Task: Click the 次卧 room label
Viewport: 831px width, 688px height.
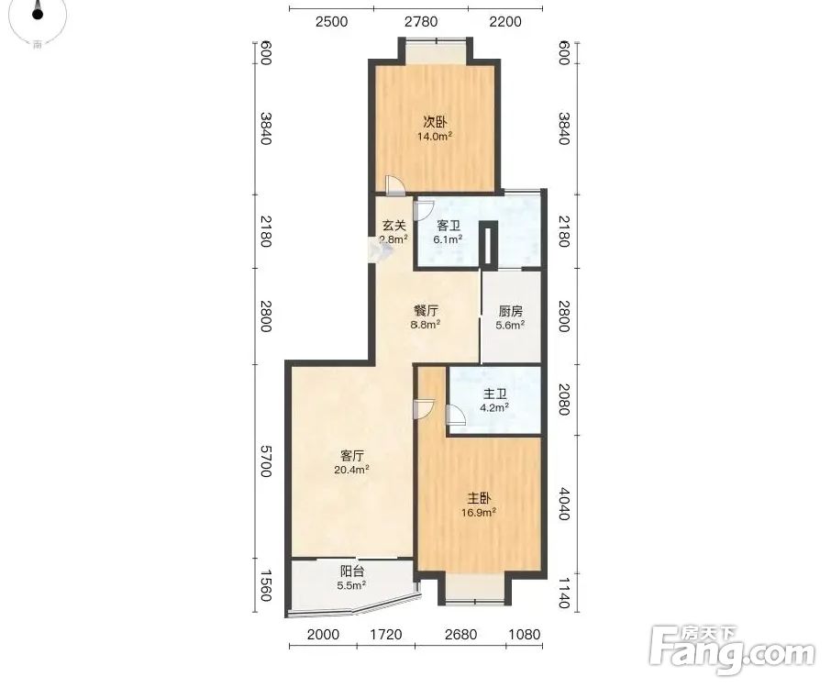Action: pyautogui.click(x=434, y=122)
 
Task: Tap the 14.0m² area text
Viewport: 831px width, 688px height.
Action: pyautogui.click(x=435, y=136)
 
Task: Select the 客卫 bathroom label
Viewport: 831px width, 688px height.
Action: pyautogui.click(x=449, y=226)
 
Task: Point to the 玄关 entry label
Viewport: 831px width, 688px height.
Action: pyautogui.click(x=394, y=226)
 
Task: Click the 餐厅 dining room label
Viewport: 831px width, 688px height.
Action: pyautogui.click(x=426, y=311)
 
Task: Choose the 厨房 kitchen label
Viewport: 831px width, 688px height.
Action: pyautogui.click(x=510, y=311)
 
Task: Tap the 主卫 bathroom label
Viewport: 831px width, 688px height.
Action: pyautogui.click(x=495, y=394)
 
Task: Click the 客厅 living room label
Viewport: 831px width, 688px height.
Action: pyautogui.click(x=352, y=456)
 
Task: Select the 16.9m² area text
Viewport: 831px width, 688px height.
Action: pyautogui.click(x=479, y=512)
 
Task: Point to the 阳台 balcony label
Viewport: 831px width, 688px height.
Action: pyautogui.click(x=352, y=571)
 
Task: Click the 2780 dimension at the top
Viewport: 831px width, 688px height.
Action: pyautogui.click(x=421, y=22)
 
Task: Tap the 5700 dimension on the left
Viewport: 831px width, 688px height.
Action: pyautogui.click(x=265, y=461)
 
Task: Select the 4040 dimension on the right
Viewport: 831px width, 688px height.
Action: pyautogui.click(x=563, y=504)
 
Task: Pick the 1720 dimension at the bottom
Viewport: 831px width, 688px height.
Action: pyautogui.click(x=386, y=634)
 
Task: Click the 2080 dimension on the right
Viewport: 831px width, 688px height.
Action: pyautogui.click(x=563, y=399)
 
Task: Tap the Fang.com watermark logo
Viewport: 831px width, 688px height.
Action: pyautogui.click(x=732, y=651)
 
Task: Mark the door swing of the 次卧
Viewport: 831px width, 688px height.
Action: pyautogui.click(x=394, y=184)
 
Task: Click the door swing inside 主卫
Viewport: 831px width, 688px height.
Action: pyautogui.click(x=456, y=415)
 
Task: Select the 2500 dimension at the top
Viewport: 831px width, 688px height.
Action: pyautogui.click(x=331, y=22)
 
